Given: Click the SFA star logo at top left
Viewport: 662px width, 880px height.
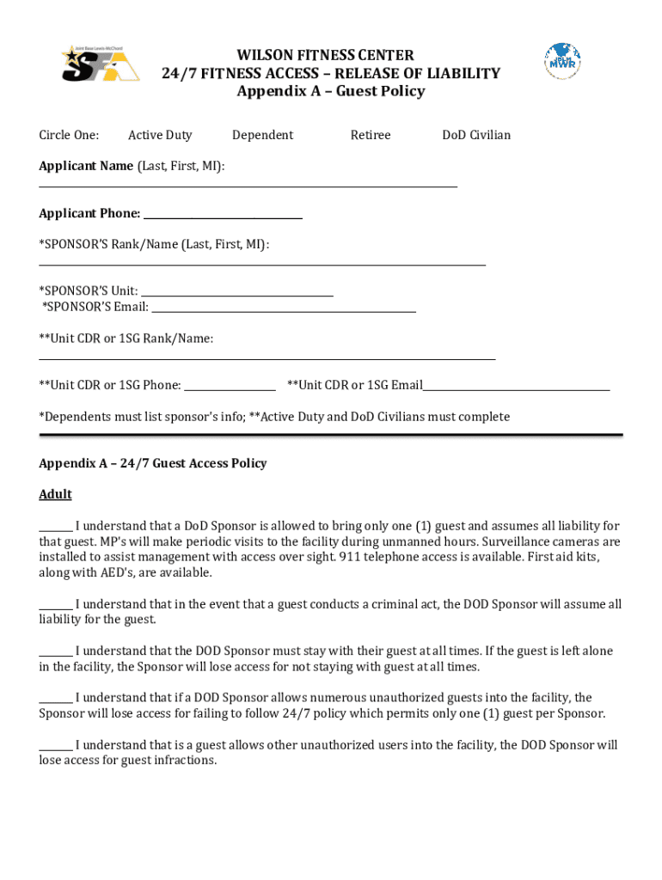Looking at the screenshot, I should pos(100,64).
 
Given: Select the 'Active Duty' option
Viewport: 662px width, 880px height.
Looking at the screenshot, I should pos(160,135).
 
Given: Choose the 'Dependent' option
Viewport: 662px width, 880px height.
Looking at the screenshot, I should pos(262,135).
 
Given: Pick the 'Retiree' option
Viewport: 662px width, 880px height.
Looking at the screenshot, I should pos(371,135).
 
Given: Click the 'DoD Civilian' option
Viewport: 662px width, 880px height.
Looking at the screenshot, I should pos(476,135).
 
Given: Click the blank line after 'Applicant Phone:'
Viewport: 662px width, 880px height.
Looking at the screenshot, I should pos(223,217).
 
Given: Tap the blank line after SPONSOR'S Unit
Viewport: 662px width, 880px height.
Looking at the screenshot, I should pos(236,294).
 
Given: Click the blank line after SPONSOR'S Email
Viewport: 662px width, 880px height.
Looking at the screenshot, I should pos(283,309).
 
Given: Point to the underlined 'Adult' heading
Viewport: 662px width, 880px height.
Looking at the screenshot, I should pos(55,494).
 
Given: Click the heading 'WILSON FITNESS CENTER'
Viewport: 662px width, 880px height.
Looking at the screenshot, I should pos(331,55).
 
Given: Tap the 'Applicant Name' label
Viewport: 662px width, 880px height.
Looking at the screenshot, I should pos(86,166).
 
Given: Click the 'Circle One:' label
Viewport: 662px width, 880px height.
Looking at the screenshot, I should pos(69,135).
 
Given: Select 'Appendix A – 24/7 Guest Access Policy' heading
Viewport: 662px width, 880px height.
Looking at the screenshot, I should pos(153,463).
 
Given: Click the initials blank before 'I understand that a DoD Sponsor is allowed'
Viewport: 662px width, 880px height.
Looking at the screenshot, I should pos(56,529).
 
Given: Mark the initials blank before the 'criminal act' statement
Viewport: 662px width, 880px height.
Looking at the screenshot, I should pos(56,607).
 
